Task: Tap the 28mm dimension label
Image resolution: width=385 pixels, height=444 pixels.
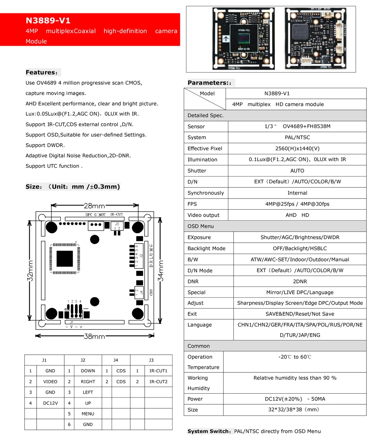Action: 94,206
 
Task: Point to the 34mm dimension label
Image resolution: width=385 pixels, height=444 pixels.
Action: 161,271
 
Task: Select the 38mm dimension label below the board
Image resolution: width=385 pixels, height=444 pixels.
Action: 94,336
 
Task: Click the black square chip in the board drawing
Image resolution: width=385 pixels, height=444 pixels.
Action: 65,259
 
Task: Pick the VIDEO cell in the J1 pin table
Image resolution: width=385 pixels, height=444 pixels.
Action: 50,382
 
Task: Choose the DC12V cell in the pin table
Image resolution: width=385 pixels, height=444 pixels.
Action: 50,403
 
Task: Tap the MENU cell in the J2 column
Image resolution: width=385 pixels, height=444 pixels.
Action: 88,414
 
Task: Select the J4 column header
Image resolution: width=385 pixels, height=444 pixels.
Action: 116,360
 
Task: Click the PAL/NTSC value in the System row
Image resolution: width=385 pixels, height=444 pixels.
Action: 297,137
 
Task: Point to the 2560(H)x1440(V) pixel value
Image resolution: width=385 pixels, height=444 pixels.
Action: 297,149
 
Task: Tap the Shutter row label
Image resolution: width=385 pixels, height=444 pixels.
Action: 197,170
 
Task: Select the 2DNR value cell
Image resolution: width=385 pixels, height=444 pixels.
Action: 300,282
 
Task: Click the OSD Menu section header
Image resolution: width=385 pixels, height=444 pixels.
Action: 201,226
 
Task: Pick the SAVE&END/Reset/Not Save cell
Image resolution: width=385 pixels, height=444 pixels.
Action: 300,314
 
